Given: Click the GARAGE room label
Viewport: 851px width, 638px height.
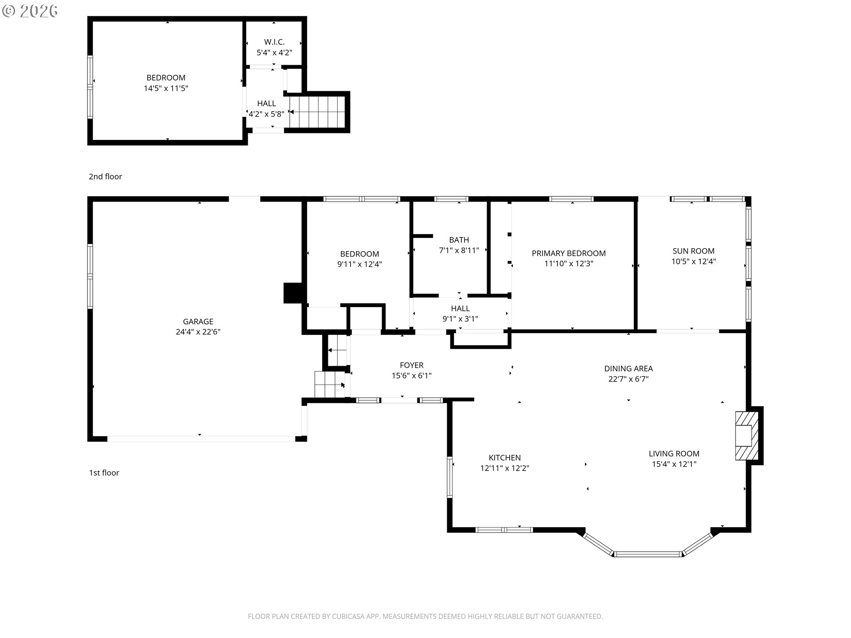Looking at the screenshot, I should pos(198,321).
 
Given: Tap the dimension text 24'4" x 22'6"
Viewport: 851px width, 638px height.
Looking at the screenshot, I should pos(198,332).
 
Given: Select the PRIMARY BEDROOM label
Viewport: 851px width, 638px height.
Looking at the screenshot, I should pos(568,253).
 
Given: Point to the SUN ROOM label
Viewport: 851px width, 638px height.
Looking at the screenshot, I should pos(693,251).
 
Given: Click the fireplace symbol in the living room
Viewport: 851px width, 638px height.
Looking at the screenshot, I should pos(746,436).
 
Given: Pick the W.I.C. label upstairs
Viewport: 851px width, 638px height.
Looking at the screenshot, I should pos(274,42).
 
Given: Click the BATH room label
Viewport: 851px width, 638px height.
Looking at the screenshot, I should pos(459,240).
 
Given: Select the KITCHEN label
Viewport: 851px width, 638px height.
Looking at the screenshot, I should pos(504,458).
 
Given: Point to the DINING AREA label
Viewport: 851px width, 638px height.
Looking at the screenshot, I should pos(628,368).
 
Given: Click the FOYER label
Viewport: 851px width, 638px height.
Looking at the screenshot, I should pos(411,365).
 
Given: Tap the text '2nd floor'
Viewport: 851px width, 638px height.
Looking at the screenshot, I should pos(105,176).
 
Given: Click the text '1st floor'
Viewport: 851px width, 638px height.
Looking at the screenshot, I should pos(104,473).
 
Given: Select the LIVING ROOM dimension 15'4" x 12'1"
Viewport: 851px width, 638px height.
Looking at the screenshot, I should pos(674,464).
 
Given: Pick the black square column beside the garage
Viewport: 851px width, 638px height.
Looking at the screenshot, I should pos(292,293).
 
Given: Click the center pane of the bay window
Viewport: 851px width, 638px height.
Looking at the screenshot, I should pos(648,554).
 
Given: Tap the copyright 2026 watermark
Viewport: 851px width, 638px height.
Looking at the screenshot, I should pos(30,11).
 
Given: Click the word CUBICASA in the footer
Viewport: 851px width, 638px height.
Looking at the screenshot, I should pos(349,616).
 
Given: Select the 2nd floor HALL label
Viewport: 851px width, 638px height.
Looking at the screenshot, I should pos(266,103).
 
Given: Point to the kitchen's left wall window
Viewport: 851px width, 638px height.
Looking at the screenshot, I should pos(449,477).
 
